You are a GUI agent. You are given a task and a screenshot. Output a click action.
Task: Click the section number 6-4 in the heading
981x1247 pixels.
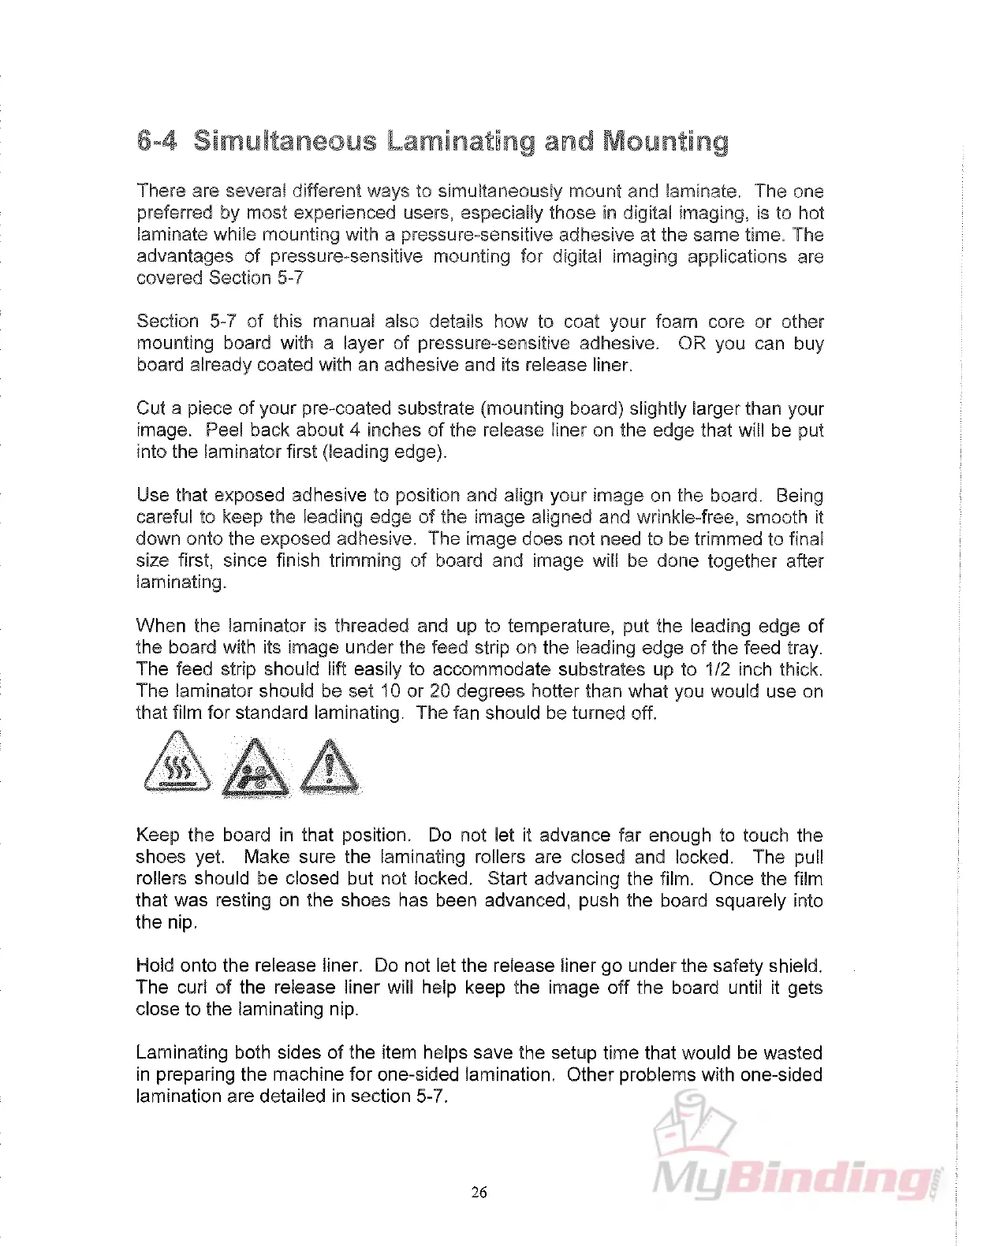tap(157, 141)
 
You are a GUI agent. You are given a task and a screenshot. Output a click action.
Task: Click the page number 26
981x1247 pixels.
tap(479, 1192)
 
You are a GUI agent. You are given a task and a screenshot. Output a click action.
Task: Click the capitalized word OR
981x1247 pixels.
tap(692, 344)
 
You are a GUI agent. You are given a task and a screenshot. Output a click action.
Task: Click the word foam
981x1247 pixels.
tap(675, 322)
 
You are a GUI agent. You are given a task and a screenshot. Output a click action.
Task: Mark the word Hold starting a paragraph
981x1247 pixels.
tap(155, 966)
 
